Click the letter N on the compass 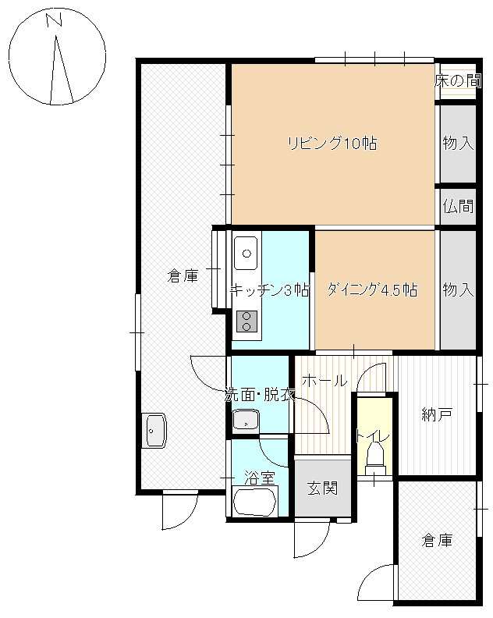pos(55,20)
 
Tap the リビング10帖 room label pos(332,143)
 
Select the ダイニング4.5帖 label pos(372,290)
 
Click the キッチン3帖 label pos(270,290)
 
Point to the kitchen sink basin pos(247,254)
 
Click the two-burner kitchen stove pos(247,321)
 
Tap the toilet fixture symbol pos(374,459)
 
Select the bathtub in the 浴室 pos(254,501)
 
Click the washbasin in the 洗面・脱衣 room pos(246,420)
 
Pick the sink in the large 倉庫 pos(154,431)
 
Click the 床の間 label pos(458,81)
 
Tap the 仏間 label pos(458,206)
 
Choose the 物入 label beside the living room pos(458,143)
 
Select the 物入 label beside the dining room pos(458,290)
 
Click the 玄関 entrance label pos(323,488)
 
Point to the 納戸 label pos(437,414)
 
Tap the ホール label pos(325,381)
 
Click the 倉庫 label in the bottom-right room pos(437,541)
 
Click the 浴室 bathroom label pos(259,478)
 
